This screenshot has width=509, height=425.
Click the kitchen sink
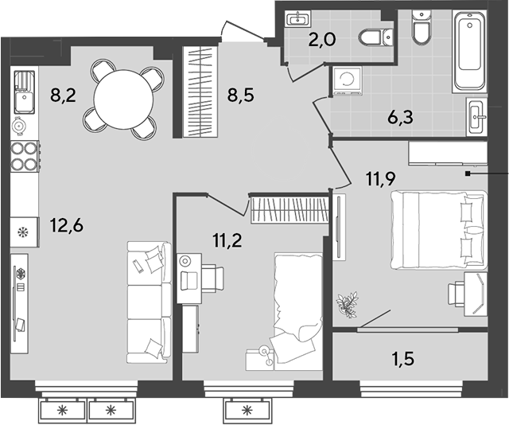click(x=24, y=89)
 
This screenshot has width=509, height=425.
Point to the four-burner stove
click(x=25, y=155)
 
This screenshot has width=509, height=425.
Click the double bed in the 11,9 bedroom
click(x=437, y=231)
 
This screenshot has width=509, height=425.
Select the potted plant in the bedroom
click(x=347, y=303)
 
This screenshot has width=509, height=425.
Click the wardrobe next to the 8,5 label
click(x=199, y=92)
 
